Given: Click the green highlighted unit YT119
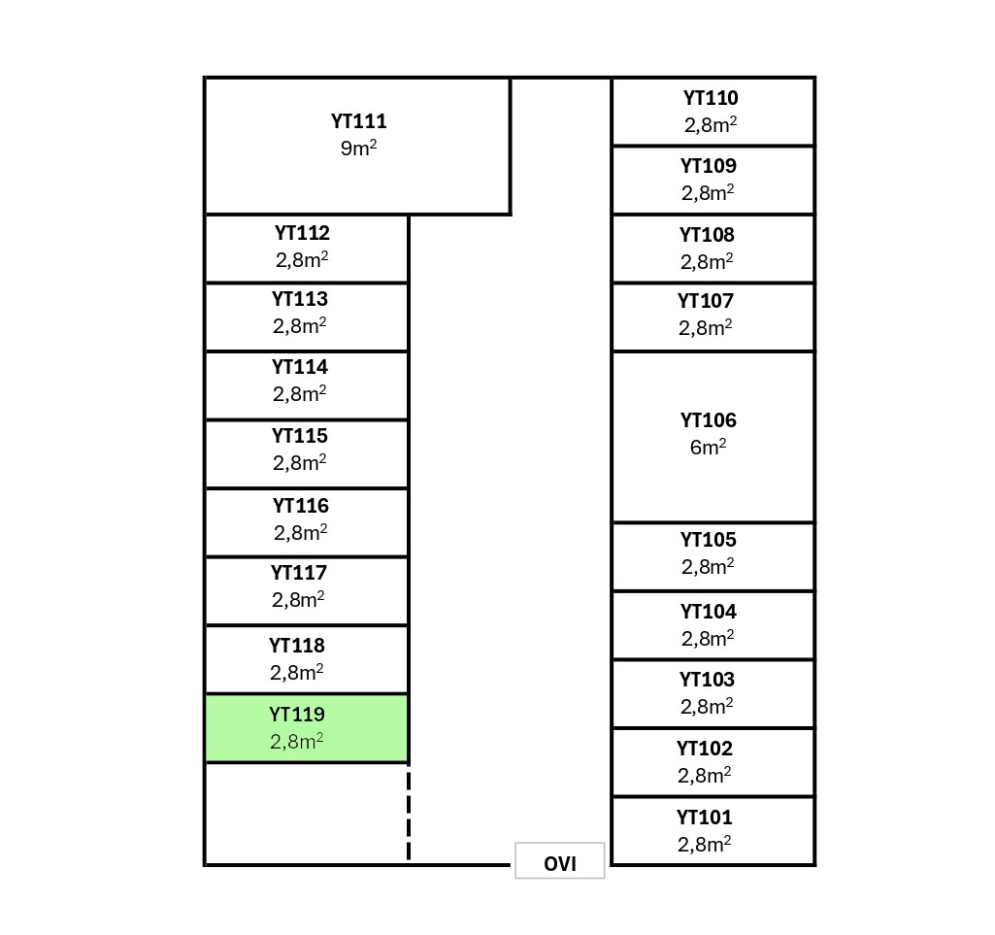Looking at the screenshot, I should pos(306,728).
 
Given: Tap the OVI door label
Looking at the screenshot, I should pos(560,863).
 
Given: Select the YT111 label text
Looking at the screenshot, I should pos(358,122).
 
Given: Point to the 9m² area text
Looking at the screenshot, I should pos(358,149).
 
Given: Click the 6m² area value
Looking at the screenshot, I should pos(709,448).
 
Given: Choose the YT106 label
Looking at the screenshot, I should pos(709,420).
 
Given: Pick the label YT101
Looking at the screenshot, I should pos(705,818).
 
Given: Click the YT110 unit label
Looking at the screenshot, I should pos(711,98).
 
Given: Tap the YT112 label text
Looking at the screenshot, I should pos(302,233).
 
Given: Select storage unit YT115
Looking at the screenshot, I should pos(306,453).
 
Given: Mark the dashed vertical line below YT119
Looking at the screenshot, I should pos(409,814).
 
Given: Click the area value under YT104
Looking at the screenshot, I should pos(708,638).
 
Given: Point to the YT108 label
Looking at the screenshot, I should pos(707,235).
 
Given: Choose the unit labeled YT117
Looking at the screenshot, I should pos(306,590).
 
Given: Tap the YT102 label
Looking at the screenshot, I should pos(705,749).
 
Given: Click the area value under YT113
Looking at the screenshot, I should pos(299,325).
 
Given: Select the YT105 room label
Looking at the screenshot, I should pos(709,540).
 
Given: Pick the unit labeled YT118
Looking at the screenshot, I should pos(306,659).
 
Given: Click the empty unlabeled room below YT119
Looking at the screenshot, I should pos(306,814).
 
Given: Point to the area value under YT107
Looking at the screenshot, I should pos(706,328).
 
